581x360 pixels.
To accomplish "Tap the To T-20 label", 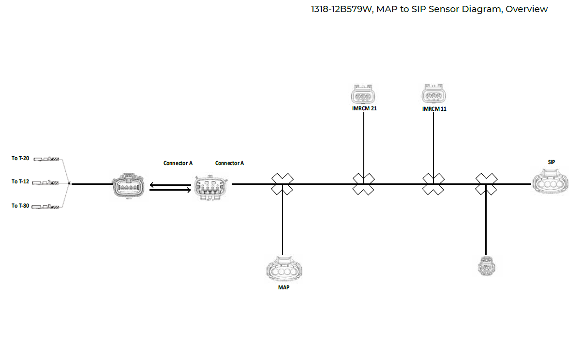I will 20,158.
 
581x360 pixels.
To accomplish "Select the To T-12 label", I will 20,181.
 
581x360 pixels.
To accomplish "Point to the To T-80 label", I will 20,206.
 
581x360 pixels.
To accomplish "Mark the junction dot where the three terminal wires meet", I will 70,183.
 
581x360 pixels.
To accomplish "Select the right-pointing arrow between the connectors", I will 170,190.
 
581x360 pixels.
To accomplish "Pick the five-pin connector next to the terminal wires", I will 128,185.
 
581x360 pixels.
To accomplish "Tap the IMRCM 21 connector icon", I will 363,95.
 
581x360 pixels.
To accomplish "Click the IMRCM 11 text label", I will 434,109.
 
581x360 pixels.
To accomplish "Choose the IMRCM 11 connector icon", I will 434,94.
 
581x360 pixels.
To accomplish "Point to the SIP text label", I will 551,162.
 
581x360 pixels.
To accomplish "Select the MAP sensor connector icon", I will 283,270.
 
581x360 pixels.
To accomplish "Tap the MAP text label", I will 283,287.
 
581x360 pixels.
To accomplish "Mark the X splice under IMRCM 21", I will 363,184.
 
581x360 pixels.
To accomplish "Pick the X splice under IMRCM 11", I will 433,184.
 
